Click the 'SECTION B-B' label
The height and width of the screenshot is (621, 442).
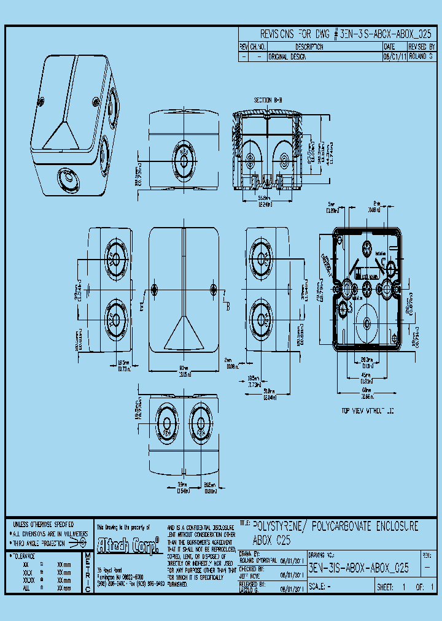pyautogui.click(x=268, y=99)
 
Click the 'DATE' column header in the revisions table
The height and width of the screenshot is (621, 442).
pyautogui.click(x=389, y=47)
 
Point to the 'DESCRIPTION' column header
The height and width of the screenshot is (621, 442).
pyautogui.click(x=309, y=47)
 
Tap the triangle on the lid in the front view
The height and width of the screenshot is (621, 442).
pyautogui.click(x=183, y=334)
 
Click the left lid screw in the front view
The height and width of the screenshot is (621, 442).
pyautogui.click(x=154, y=289)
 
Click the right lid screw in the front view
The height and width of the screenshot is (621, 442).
pyautogui.click(x=213, y=289)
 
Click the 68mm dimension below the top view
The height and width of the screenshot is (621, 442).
pyautogui.click(x=366, y=390)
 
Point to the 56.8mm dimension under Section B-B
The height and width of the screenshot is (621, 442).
pyautogui.click(x=265, y=198)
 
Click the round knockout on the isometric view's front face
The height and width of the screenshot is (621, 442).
pyautogui.click(x=67, y=180)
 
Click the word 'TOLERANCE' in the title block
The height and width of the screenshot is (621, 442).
pyautogui.click(x=23, y=555)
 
